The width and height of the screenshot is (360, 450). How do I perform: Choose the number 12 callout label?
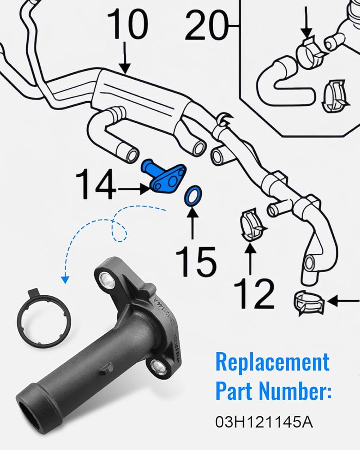click(x=253, y=292)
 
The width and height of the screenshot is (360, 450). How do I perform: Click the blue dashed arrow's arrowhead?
click(x=65, y=279)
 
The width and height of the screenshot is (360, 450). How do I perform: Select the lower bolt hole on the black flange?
click(x=159, y=366)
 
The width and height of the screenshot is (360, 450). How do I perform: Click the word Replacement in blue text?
click(x=272, y=362)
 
